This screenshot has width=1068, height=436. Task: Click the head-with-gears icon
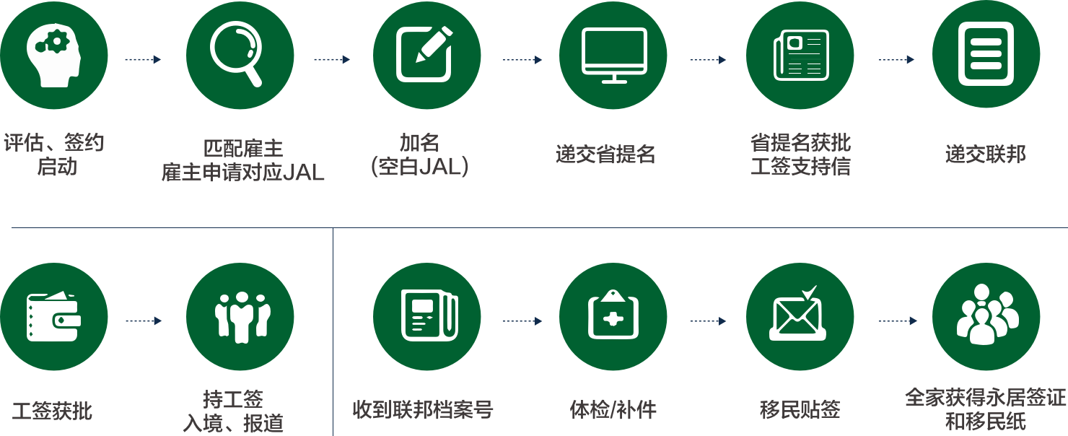pyautogui.click(x=53, y=56)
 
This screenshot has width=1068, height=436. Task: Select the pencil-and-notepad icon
pyautogui.click(x=424, y=53)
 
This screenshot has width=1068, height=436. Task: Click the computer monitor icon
pyautogui.click(x=614, y=56)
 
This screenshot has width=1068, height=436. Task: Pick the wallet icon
pyautogui.click(x=53, y=317)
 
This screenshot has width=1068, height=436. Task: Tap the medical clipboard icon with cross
pyautogui.click(x=613, y=315)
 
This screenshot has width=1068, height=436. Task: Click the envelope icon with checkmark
pyautogui.click(x=798, y=313)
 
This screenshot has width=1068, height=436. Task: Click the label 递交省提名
pyautogui.click(x=605, y=154)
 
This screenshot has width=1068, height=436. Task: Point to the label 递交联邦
pyautogui.click(x=986, y=154)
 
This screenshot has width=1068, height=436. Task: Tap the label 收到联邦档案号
pyautogui.click(x=423, y=409)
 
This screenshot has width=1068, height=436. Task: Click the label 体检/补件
pyautogui.click(x=613, y=409)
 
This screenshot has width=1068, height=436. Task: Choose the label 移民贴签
pyautogui.click(x=800, y=409)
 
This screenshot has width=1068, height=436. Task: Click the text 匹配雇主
pyautogui.click(x=243, y=149)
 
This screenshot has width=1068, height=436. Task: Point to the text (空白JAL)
pyautogui.click(x=419, y=167)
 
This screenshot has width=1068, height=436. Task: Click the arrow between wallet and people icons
pyautogui.click(x=144, y=321)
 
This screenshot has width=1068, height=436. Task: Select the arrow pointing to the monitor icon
pyautogui.click(x=522, y=60)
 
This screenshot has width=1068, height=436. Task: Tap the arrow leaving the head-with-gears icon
pyautogui.click(x=143, y=60)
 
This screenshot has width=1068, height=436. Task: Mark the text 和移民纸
pyautogui.click(x=986, y=421)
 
